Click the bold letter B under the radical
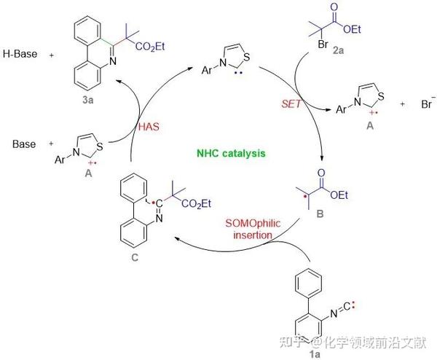pyautogui.click(x=320, y=216)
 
